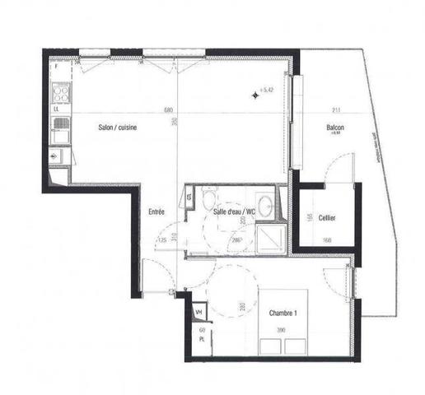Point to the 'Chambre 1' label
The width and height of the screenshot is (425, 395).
(283, 314)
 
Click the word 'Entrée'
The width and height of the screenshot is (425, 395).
(156, 212)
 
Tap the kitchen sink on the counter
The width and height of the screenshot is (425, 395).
(60, 126)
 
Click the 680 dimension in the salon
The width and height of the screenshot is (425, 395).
(168, 111)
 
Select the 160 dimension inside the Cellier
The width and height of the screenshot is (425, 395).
(327, 240)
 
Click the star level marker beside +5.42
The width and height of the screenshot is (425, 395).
(255, 95)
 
